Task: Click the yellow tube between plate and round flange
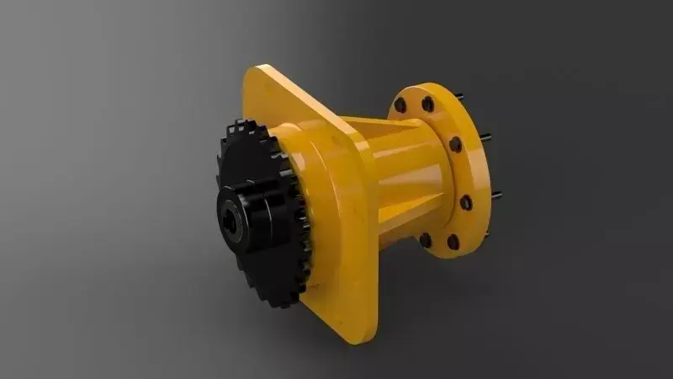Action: tap(404, 168)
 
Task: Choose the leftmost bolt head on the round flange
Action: tap(400, 105)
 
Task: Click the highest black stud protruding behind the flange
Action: tap(460, 96)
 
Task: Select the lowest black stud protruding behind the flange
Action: tap(496, 195)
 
